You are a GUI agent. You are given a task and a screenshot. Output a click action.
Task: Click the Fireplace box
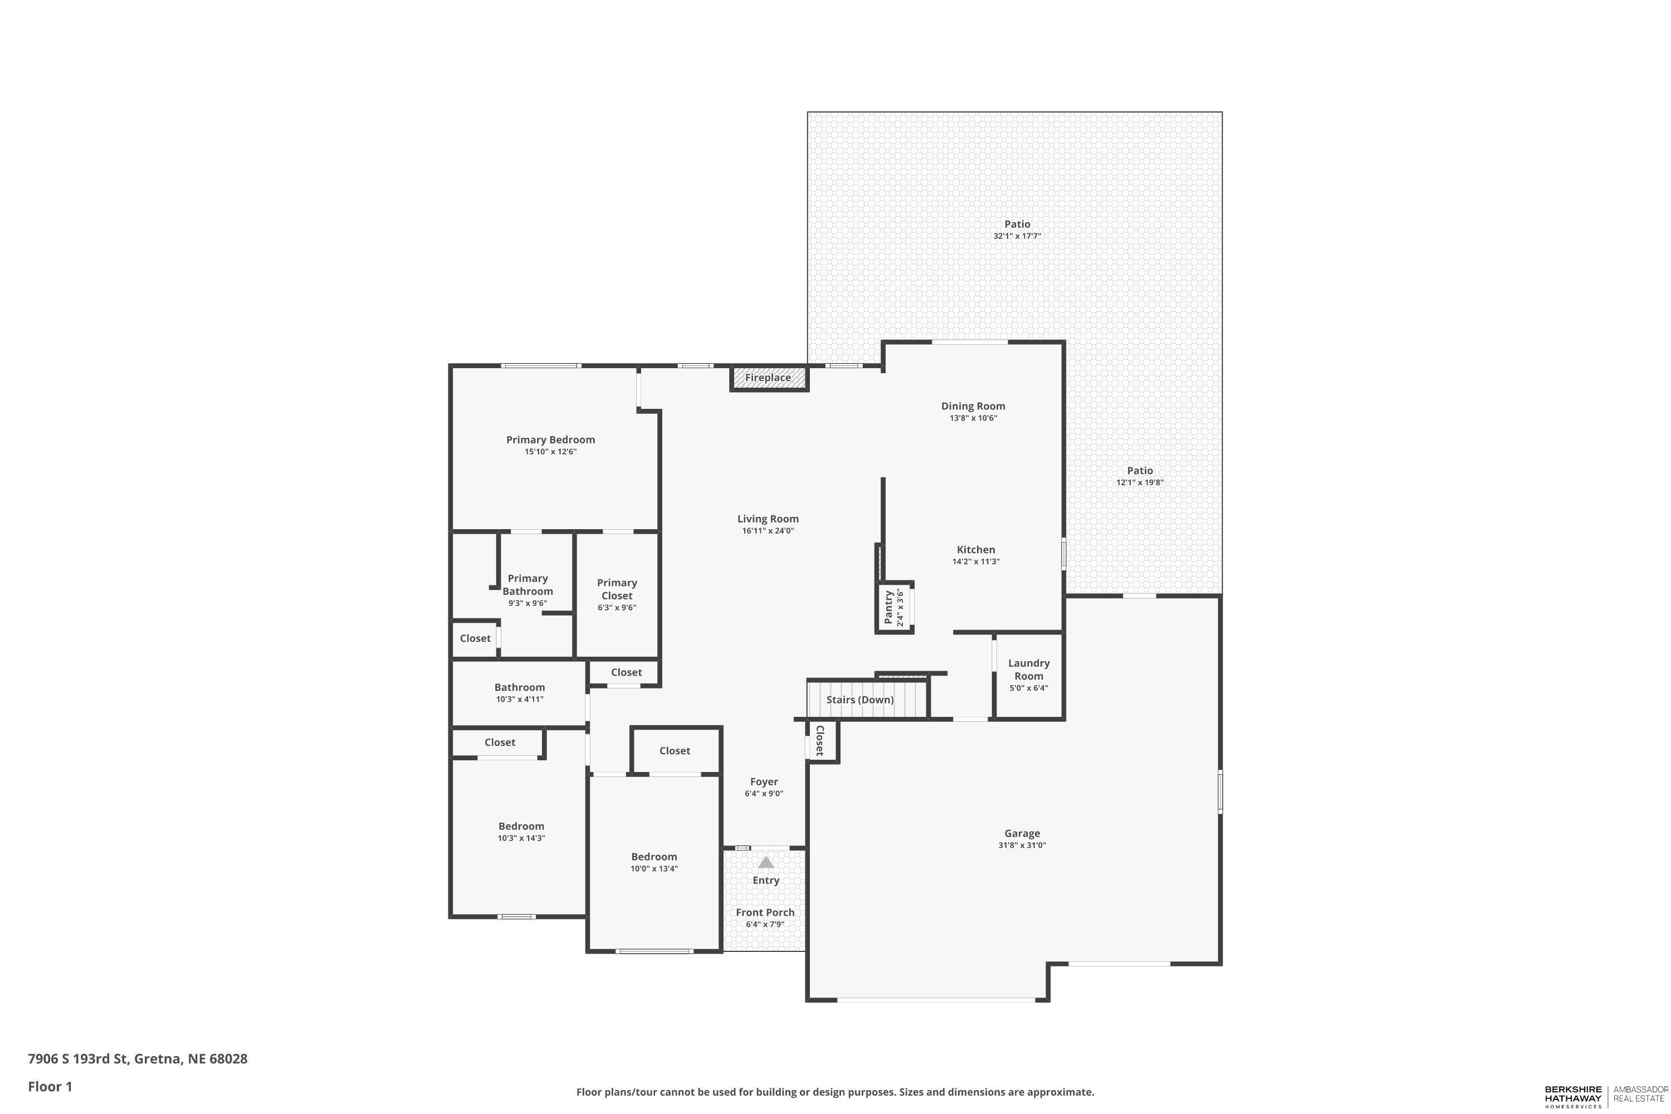(x=768, y=378)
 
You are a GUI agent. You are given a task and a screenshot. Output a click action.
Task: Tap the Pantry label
(x=888, y=608)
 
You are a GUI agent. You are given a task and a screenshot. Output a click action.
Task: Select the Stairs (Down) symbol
(x=867, y=700)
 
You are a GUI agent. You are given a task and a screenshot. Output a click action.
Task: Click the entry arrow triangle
(x=765, y=862)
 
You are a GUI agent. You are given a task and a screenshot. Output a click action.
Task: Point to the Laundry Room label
(x=1028, y=670)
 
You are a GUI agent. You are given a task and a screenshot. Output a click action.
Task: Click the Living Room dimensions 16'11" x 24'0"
(x=768, y=531)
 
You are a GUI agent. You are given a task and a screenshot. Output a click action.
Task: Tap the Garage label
(x=1022, y=833)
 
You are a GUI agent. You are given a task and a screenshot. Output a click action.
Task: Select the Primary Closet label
(x=617, y=589)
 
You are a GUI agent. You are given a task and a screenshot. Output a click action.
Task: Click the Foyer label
(x=764, y=781)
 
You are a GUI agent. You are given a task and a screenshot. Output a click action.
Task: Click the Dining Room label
(x=973, y=407)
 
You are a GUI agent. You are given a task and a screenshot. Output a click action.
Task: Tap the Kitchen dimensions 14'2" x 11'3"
(x=975, y=561)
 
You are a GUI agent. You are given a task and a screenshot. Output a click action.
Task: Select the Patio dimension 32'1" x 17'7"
(x=1017, y=236)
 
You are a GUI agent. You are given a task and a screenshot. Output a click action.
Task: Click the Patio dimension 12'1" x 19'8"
(x=1140, y=482)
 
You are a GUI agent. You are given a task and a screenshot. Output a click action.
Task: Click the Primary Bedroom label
(x=550, y=440)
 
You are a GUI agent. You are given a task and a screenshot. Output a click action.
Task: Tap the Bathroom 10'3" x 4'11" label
(x=519, y=687)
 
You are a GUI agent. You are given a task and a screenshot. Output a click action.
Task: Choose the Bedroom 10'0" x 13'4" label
(x=653, y=857)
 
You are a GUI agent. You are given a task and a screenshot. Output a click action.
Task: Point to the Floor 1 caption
(x=50, y=1086)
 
